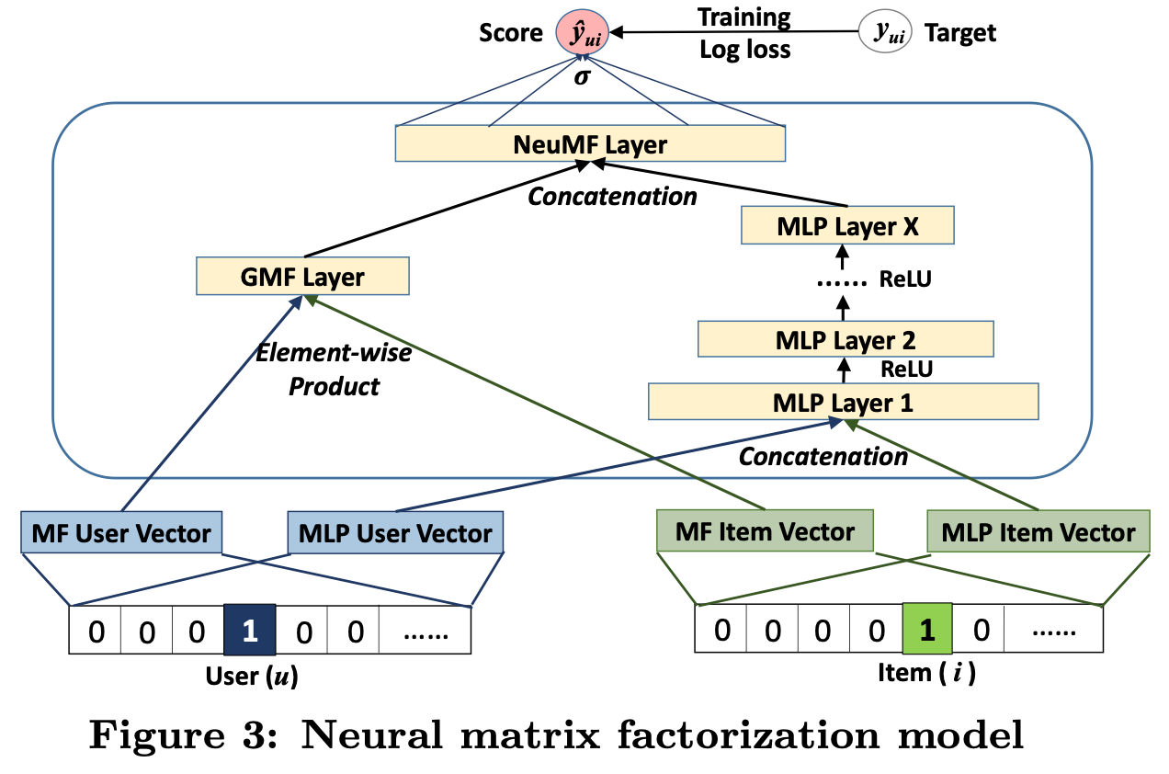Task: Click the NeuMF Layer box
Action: (x=590, y=143)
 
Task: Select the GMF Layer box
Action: (x=302, y=276)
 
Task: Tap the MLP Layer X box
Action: (x=847, y=225)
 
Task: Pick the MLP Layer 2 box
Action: (x=846, y=339)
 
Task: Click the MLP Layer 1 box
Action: (x=844, y=402)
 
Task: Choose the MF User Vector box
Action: (x=121, y=532)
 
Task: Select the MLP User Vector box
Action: (x=395, y=532)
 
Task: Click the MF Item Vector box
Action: (x=765, y=530)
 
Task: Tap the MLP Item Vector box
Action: (x=1038, y=531)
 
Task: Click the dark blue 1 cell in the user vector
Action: (x=249, y=630)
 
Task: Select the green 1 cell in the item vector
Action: (x=927, y=629)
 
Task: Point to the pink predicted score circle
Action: (x=582, y=32)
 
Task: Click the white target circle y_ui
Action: (x=885, y=31)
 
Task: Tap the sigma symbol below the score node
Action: (x=582, y=77)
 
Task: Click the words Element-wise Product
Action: (x=334, y=370)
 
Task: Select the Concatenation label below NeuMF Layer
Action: (x=612, y=197)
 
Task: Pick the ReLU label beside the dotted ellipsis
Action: (x=905, y=279)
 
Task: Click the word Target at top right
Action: (x=960, y=33)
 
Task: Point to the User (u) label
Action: (x=252, y=677)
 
